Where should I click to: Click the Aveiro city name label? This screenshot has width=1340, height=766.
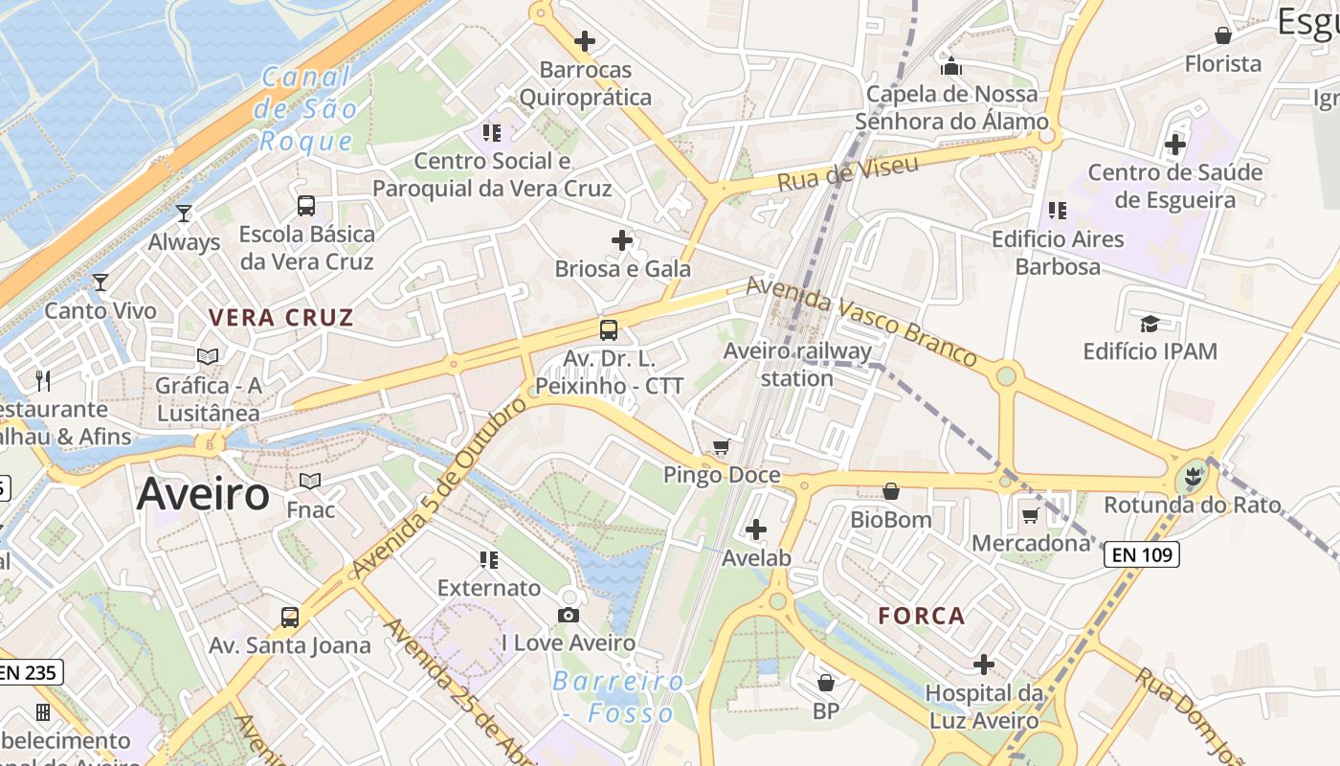[203, 494]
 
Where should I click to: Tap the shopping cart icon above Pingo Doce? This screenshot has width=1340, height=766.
[722, 447]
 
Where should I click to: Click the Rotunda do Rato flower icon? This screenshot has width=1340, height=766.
[1192, 474]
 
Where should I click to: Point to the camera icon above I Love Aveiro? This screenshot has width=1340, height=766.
[569, 615]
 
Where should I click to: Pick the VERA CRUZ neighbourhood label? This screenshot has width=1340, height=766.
[281, 318]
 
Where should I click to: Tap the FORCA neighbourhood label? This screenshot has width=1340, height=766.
[922, 616]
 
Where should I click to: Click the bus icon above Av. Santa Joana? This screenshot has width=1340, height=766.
[290, 618]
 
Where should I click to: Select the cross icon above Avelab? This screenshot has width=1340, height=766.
[756, 529]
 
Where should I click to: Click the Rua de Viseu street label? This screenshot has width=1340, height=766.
[847, 173]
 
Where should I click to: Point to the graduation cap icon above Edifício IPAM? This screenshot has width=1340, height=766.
[1150, 324]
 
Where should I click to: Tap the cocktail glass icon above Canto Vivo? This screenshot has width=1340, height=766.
[100, 282]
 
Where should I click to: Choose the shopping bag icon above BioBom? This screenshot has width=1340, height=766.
[891, 492]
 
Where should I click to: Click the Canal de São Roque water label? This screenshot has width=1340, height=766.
[305, 109]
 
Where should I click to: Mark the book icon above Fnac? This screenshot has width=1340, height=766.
[310, 481]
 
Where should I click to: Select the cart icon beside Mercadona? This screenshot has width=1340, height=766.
[1030, 516]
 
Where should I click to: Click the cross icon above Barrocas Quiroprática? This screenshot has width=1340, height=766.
[584, 41]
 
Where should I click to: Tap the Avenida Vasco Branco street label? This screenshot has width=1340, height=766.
[861, 321]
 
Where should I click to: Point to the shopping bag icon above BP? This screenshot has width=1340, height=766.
[825, 683]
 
